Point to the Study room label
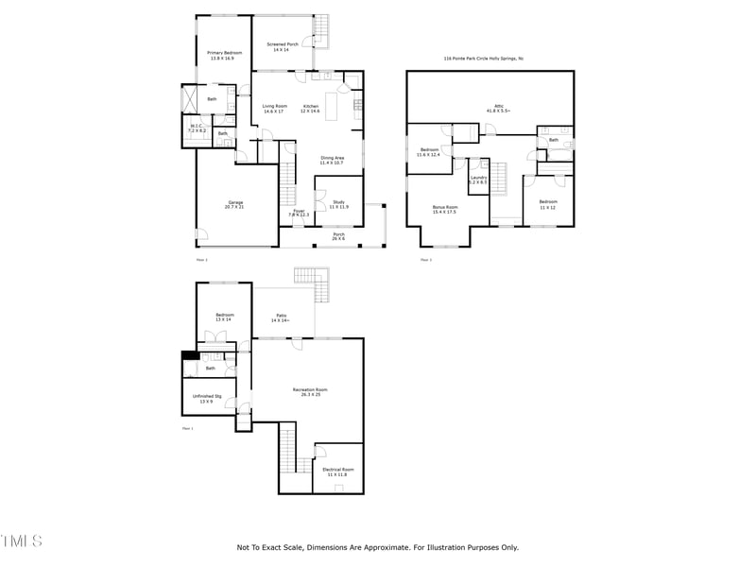[x=338, y=203]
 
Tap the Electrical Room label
[x=337, y=472]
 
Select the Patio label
[x=282, y=318]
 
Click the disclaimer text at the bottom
[x=377, y=547]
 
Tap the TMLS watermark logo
[x=21, y=541]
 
